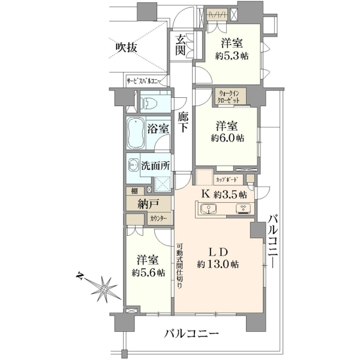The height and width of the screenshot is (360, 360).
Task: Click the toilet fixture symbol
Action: [x=149, y=103]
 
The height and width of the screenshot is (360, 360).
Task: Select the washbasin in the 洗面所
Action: [x=133, y=164]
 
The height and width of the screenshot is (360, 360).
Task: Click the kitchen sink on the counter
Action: [x=208, y=209]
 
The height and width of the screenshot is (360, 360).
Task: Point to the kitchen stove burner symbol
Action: [x=243, y=209]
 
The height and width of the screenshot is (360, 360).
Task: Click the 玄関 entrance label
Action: [x=181, y=46]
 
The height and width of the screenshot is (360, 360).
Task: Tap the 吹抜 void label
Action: [x=126, y=48]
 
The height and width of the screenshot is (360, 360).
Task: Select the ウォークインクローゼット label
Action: [x=229, y=97]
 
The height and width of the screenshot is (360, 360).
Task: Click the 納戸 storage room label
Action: [x=148, y=203]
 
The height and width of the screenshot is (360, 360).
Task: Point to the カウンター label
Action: [x=158, y=218]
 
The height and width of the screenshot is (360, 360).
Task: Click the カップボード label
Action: [x=226, y=179]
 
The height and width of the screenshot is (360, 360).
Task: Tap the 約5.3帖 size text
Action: [x=232, y=56]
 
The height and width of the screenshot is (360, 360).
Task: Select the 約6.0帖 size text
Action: [x=227, y=138]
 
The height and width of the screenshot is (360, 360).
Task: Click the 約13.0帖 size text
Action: [x=218, y=264]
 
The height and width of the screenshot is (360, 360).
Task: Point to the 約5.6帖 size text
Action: [x=148, y=272]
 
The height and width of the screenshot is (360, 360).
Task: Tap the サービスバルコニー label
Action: [x=144, y=81]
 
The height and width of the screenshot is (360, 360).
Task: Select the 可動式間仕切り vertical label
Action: [x=179, y=266]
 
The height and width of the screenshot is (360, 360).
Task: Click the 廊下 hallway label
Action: [x=183, y=122]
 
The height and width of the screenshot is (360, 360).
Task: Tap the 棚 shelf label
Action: [x=134, y=191]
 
